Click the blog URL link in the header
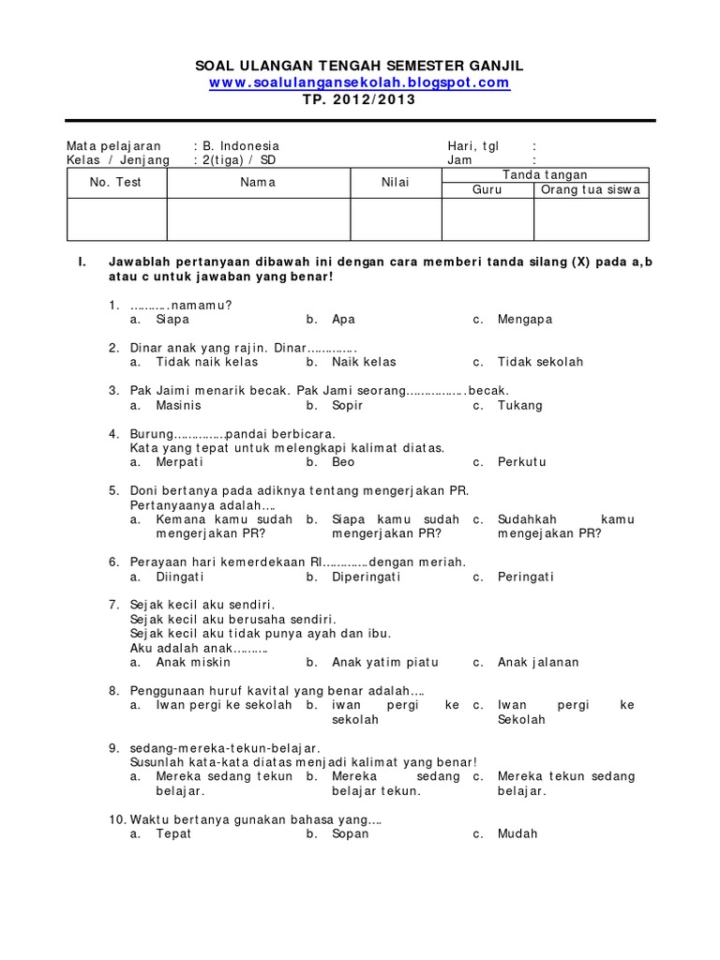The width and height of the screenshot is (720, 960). point(359,82)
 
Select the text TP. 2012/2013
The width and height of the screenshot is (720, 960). point(359,100)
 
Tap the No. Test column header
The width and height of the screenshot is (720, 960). point(115,183)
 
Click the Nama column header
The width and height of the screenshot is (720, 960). point(258,183)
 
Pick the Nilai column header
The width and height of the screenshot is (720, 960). point(395,183)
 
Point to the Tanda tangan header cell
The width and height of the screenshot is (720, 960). point(545,174)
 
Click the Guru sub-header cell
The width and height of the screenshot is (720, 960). point(487,189)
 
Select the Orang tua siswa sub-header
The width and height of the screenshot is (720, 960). point(591,189)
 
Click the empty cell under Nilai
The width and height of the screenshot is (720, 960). point(395,219)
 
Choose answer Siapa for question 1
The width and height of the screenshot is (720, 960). point(172,320)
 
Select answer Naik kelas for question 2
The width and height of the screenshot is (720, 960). point(364,362)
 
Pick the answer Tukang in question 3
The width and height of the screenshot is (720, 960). point(520,406)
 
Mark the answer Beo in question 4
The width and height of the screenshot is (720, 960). point(343,462)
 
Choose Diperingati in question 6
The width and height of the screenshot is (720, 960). point(366,577)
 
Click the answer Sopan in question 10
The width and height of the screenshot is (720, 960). point(350,833)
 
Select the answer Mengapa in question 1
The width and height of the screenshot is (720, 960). point(525,320)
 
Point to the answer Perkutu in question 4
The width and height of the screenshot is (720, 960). point(521,462)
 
